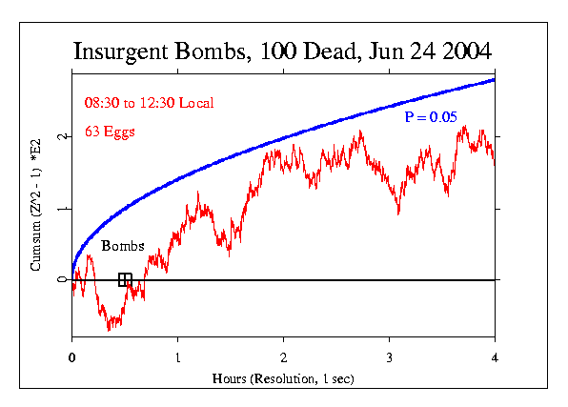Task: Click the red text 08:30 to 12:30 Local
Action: tap(148, 102)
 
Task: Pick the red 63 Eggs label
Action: tap(109, 132)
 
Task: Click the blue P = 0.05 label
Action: tap(430, 117)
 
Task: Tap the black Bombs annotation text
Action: tap(123, 246)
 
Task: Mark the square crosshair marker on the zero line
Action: tap(125, 279)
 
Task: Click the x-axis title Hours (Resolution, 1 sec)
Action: tap(284, 378)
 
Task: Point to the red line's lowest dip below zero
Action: tap(110, 329)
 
